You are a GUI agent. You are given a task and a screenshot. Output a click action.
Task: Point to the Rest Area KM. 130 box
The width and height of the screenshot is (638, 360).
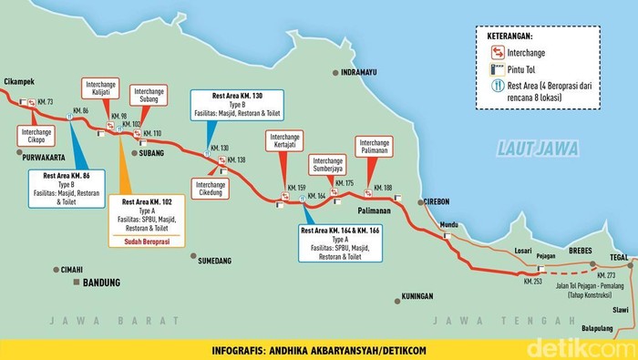[x=237, y=105]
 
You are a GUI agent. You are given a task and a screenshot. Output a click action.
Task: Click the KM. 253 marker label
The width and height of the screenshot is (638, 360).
[x=534, y=283]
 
